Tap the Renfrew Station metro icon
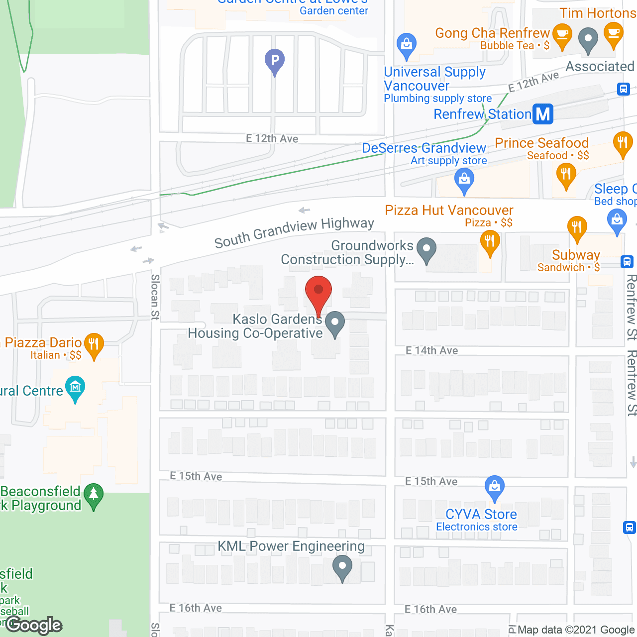pos(543,114)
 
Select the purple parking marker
pos(274,61)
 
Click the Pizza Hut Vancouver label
pos(448,210)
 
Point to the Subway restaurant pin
pos(577,228)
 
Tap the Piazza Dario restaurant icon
pos(94,343)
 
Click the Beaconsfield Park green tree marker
pos(93,495)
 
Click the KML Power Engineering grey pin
pos(342,567)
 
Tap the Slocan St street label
pos(155,297)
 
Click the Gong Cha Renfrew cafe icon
pos(562,36)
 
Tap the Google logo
pos(34,625)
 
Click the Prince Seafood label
pos(541,143)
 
